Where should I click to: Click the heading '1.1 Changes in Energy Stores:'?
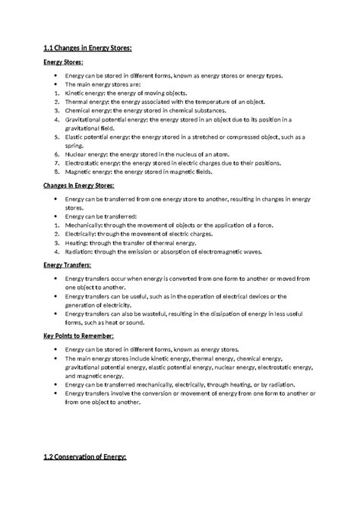[89, 49]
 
